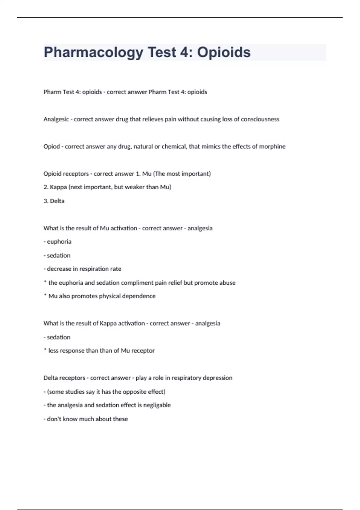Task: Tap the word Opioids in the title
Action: [224, 52]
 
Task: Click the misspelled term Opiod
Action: [52, 147]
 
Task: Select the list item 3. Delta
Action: [54, 201]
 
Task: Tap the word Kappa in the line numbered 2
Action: [58, 187]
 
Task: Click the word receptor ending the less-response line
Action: [143, 351]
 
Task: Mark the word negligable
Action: [157, 405]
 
